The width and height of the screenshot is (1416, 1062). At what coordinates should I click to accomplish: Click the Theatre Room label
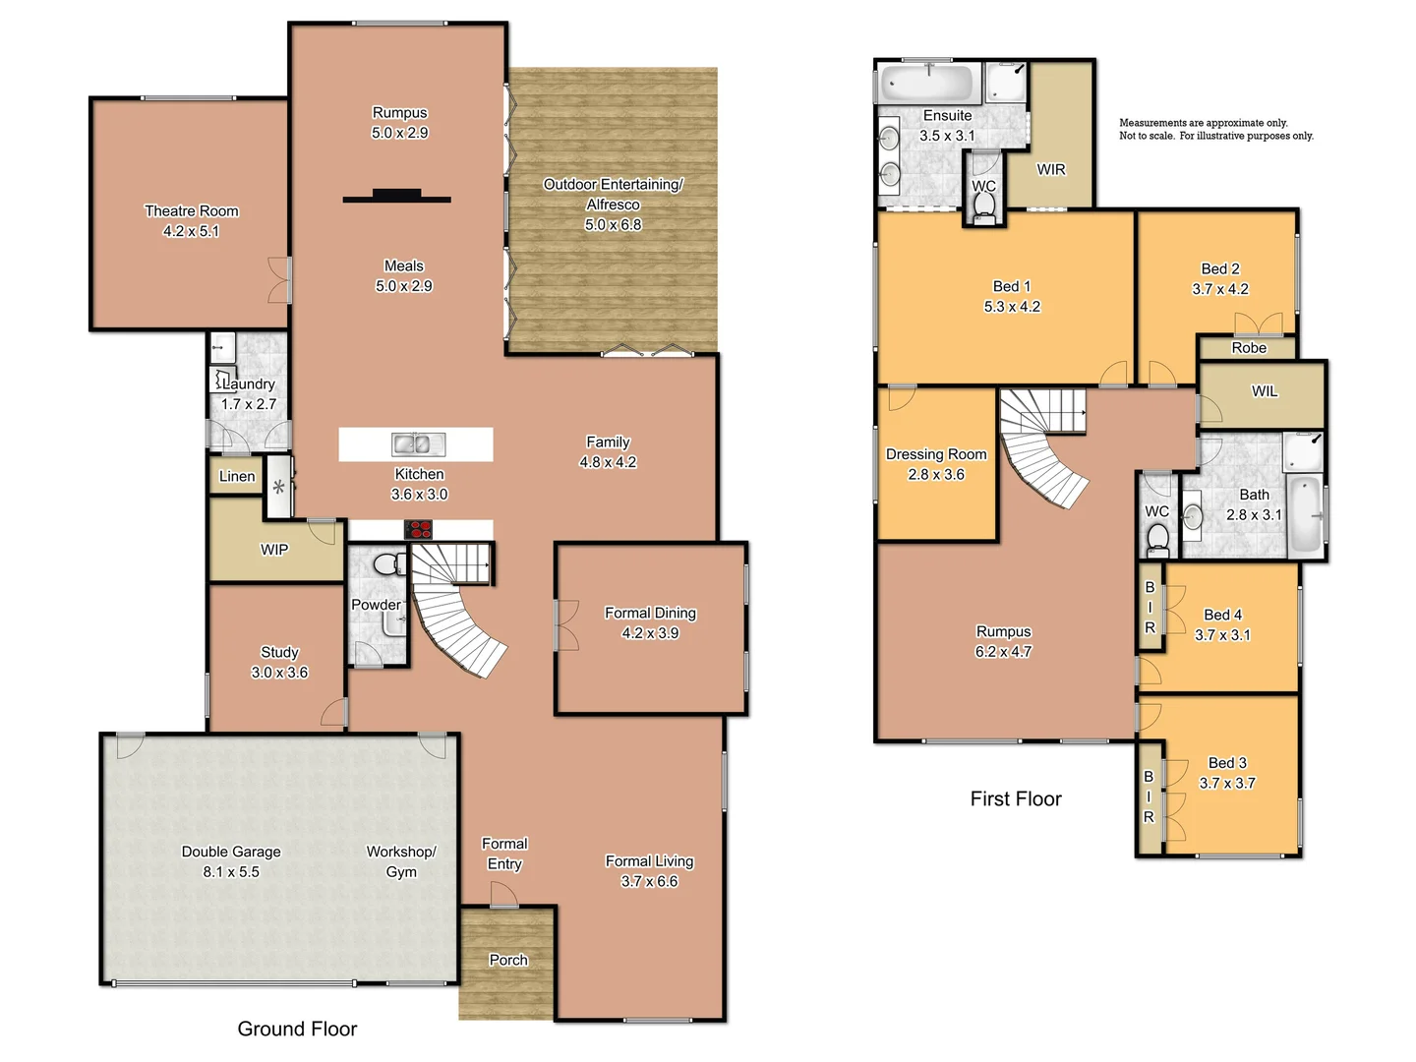pyautogui.click(x=192, y=210)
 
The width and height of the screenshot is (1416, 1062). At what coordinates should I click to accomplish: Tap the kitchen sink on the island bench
pyautogui.click(x=417, y=444)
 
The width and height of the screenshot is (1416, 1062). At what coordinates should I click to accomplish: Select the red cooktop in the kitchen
pyautogui.click(x=420, y=530)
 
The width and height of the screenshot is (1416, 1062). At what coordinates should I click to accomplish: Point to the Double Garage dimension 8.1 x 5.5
pyautogui.click(x=231, y=872)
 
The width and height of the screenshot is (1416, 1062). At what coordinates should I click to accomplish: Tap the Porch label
pyautogui.click(x=508, y=960)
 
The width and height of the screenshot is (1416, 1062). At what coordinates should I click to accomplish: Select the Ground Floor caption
pyautogui.click(x=297, y=1029)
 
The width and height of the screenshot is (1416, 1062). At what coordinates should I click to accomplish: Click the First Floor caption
pyautogui.click(x=1016, y=798)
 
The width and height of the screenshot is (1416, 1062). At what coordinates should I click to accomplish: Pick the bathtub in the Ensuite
pyautogui.click(x=927, y=83)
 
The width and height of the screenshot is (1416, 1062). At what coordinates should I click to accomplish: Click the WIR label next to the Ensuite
pyautogui.click(x=1051, y=169)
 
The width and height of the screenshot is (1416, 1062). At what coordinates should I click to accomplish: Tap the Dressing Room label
pyautogui.click(x=936, y=454)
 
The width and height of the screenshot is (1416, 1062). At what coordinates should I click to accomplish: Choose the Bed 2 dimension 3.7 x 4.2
pyautogui.click(x=1220, y=289)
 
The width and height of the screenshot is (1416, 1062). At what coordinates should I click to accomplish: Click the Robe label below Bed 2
pyautogui.click(x=1249, y=348)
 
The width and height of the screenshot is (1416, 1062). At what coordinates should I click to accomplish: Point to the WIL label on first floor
pyautogui.click(x=1265, y=391)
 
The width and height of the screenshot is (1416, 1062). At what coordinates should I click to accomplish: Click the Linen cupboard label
pyautogui.click(x=237, y=476)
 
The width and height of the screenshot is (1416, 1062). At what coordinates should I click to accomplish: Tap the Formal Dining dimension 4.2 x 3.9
pyautogui.click(x=650, y=633)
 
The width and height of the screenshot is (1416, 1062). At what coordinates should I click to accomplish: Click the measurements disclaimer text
pyautogui.click(x=1215, y=130)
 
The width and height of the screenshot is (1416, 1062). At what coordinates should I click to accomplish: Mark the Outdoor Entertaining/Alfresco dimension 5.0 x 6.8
pyautogui.click(x=613, y=225)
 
